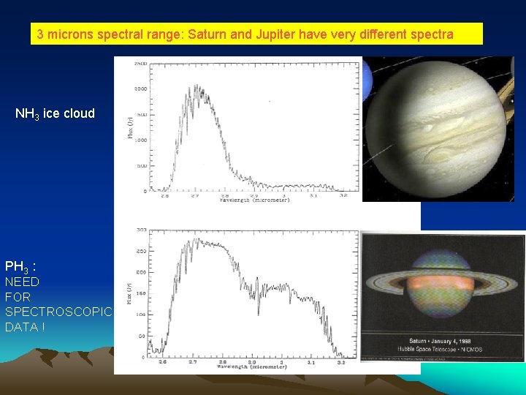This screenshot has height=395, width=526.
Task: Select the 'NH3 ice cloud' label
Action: coord(55,113)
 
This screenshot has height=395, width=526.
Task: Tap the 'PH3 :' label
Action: coord(20,266)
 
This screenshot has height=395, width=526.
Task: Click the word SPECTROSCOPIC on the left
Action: coord(58,312)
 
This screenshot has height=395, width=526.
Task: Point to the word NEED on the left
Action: coord(22,282)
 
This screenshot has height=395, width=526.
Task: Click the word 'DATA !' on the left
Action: coord(25,327)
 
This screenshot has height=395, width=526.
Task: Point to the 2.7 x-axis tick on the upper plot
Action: coord(194,195)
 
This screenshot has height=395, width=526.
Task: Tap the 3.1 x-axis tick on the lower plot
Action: coord(312,361)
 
